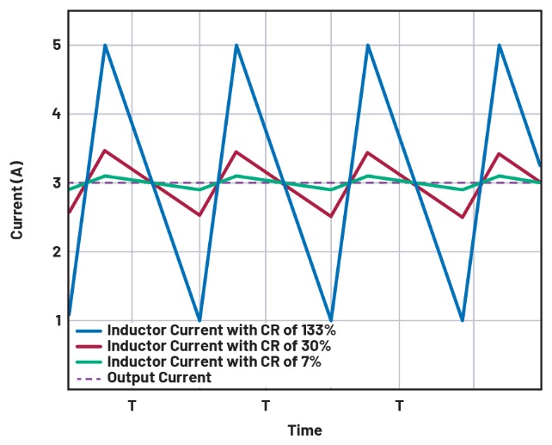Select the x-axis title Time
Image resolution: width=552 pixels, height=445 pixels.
point(305,430)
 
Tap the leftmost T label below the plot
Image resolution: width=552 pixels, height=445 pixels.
point(132,405)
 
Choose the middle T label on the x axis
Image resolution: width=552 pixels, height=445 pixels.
point(266,405)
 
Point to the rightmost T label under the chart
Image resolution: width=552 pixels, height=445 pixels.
point(399,405)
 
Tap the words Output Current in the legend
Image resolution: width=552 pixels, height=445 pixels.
point(159,378)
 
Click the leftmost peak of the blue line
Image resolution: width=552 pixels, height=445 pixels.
point(105,45)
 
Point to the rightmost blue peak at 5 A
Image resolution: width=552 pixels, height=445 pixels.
point(500,45)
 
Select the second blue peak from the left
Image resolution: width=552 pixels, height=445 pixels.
point(236,45)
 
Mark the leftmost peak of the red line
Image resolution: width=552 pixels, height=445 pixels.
point(105,151)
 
